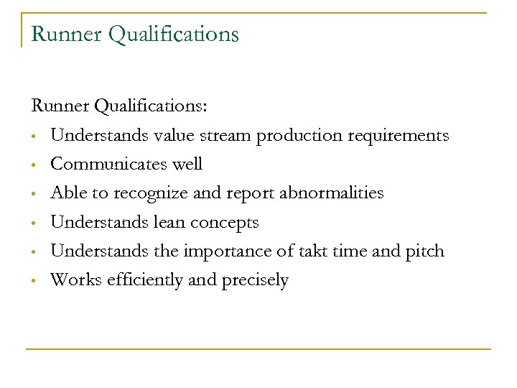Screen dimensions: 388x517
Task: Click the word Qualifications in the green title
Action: click(x=172, y=34)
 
